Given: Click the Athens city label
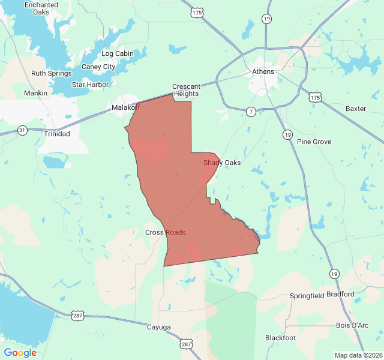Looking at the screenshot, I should click(x=263, y=71).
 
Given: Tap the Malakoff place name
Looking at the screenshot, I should click(x=125, y=107).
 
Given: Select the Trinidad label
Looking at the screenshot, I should click(x=57, y=134).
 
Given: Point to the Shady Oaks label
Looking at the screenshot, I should click(x=222, y=163).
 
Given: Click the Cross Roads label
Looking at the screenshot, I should click(x=165, y=232).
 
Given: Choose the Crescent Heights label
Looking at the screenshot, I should click(x=187, y=90).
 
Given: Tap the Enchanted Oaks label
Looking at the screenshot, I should click(x=41, y=8).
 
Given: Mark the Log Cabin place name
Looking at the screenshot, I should click(x=117, y=53).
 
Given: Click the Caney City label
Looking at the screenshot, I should click(x=98, y=67).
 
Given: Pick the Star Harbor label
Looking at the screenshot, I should click(x=90, y=85).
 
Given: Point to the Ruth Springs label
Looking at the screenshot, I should click(x=52, y=74).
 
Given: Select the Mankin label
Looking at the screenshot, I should click(x=35, y=93).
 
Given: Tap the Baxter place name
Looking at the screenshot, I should click(x=356, y=109).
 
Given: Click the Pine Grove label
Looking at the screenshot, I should click(x=314, y=142).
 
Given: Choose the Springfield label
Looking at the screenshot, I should click(x=307, y=296).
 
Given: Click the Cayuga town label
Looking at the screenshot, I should click(x=159, y=327).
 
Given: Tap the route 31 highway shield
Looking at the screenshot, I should click(x=22, y=130).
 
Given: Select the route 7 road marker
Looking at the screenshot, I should click(x=251, y=111).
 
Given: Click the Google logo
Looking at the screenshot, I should click(x=20, y=353).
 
